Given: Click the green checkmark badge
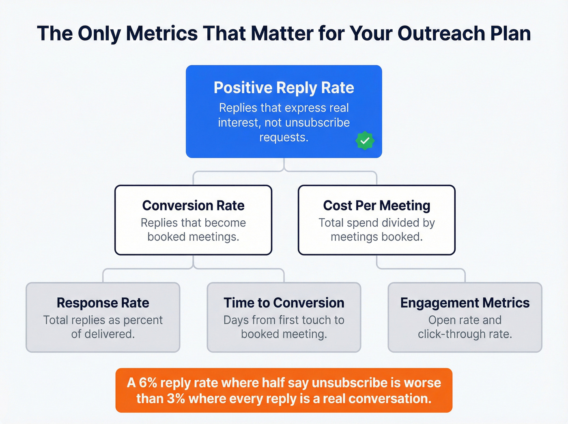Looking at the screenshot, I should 365,141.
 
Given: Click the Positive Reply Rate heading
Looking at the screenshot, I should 284,88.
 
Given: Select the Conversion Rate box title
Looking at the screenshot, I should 193,205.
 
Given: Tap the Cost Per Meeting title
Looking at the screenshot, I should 377,205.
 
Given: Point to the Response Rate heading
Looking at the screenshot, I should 103,303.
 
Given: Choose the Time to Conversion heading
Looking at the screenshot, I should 284,303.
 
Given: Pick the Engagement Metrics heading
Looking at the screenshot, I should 465,303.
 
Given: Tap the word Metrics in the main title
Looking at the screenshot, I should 161,33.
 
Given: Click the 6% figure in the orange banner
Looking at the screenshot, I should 148,383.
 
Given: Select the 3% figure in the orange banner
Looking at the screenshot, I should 176,399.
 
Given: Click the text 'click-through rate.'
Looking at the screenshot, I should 465,334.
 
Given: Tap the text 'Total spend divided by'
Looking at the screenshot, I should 377,223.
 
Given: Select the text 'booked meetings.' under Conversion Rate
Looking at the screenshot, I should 193,237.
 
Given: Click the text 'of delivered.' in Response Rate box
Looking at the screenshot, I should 103,334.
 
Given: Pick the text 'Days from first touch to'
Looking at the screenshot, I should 284,320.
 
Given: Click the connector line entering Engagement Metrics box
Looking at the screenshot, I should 465,276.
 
